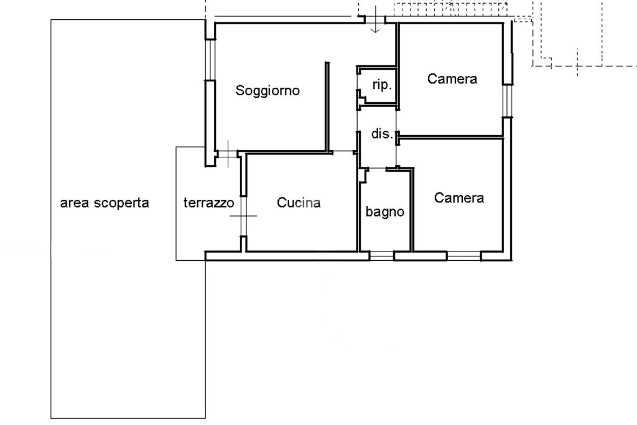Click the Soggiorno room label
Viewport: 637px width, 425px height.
[x=267, y=91]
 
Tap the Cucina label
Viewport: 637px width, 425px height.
[x=299, y=203]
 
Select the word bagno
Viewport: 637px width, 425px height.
[x=384, y=212]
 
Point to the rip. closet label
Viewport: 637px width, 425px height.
[x=381, y=85]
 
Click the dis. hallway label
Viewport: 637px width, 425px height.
[x=382, y=134]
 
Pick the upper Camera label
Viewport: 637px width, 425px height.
[x=452, y=79]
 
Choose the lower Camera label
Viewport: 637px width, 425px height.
[x=459, y=198]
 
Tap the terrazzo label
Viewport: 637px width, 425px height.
[x=208, y=203]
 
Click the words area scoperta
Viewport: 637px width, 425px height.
[x=105, y=203]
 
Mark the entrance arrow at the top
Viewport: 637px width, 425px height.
[x=375, y=22]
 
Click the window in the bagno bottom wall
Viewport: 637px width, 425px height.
[x=382, y=255]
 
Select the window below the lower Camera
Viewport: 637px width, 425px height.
[x=463, y=255]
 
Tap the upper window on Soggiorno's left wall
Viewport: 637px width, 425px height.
[x=210, y=60]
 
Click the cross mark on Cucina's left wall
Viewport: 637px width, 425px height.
[x=243, y=216]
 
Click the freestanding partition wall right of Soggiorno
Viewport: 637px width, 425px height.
[x=326, y=106]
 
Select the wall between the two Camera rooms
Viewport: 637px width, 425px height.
[x=451, y=136]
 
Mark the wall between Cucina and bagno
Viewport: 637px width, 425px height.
[x=358, y=205]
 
